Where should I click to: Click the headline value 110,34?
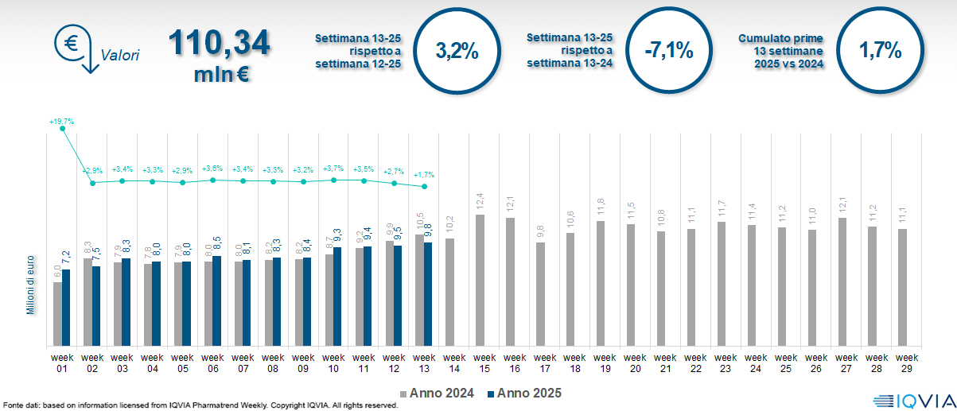(x=219, y=44)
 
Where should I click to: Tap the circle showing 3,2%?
(x=457, y=52)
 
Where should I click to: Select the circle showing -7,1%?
(x=669, y=52)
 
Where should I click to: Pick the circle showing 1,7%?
(x=881, y=52)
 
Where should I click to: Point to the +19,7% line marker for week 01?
(x=63, y=129)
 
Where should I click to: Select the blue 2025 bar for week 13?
(x=428, y=295)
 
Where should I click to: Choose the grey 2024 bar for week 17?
(x=541, y=295)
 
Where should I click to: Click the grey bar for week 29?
(x=902, y=288)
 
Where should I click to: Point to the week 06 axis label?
(x=212, y=363)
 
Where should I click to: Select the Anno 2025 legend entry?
(x=524, y=393)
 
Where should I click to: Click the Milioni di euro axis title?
(x=31, y=285)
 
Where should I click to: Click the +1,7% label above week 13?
(x=425, y=174)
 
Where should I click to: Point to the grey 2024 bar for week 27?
(x=842, y=282)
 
